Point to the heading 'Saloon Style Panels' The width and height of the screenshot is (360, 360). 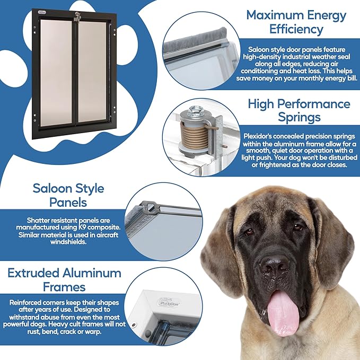click(68, 196)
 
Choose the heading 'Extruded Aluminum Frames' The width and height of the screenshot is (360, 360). click(64, 280)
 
